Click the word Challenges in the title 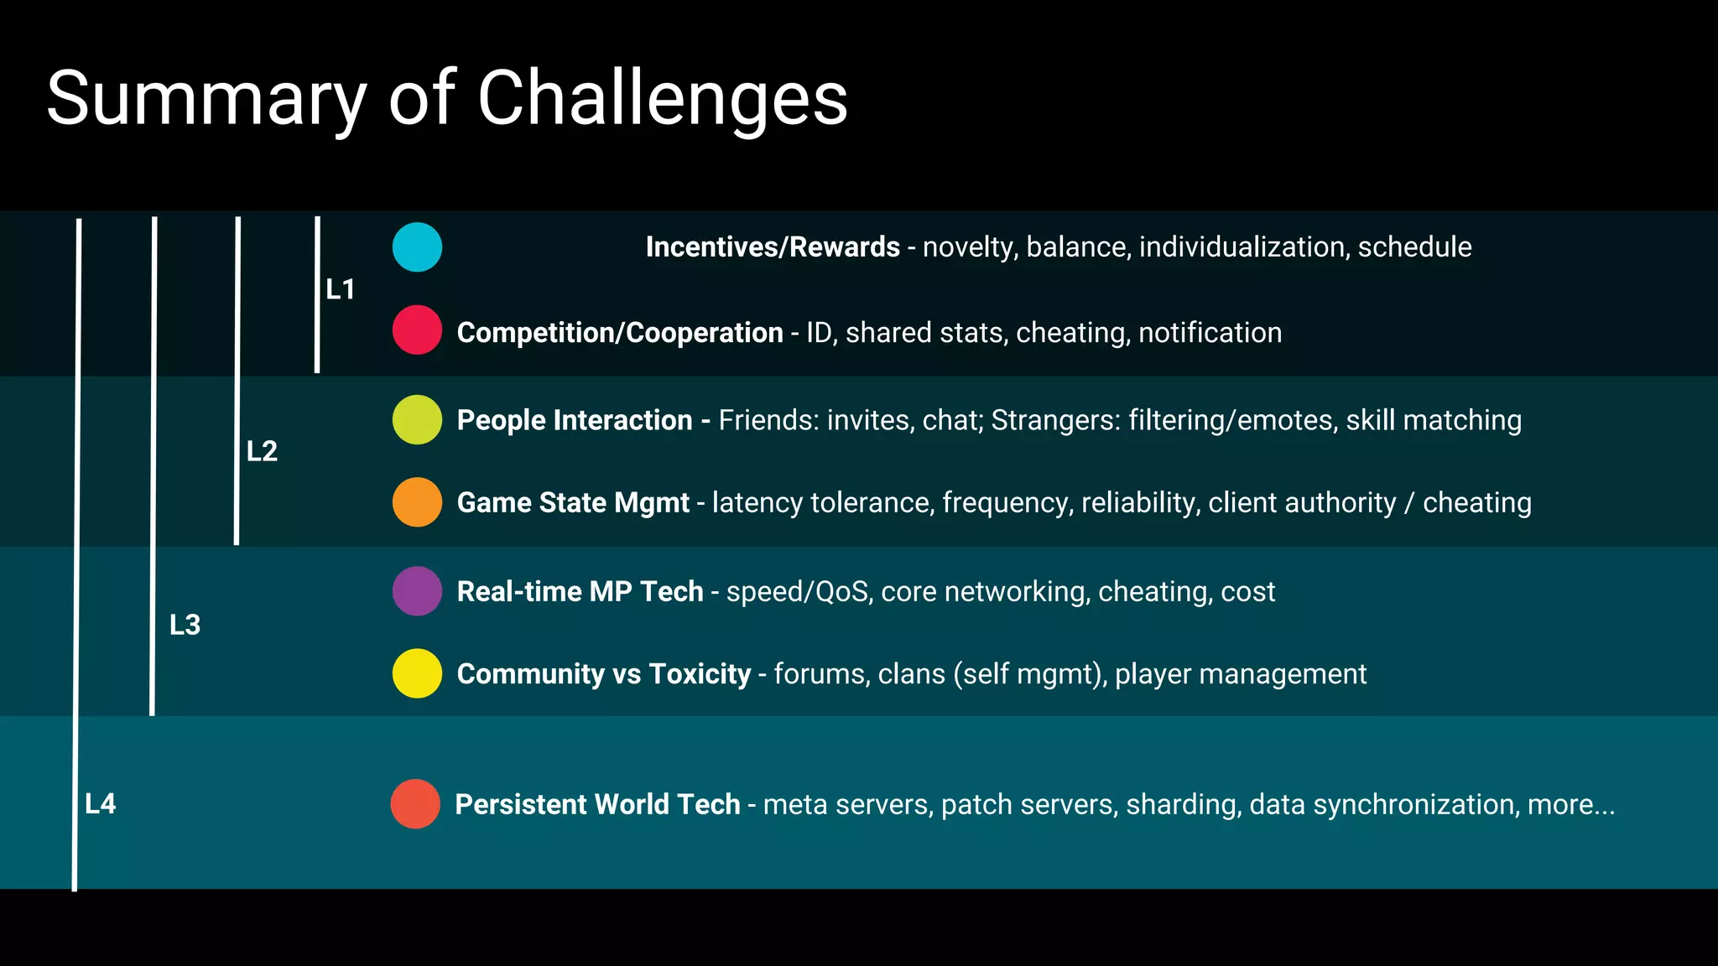pyautogui.click(x=662, y=99)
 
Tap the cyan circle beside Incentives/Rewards pyautogui.click(x=417, y=247)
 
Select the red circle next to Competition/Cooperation pyautogui.click(x=417, y=330)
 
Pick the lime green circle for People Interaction pyautogui.click(x=417, y=419)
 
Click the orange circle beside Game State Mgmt pyautogui.click(x=417, y=502)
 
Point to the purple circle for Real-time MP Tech pyautogui.click(x=417, y=591)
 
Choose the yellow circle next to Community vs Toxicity pyautogui.click(x=417, y=673)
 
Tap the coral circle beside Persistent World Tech pyautogui.click(x=415, y=804)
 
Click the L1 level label pyautogui.click(x=341, y=290)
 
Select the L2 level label pyautogui.click(x=262, y=451)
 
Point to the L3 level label pyautogui.click(x=185, y=625)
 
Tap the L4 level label pyautogui.click(x=101, y=804)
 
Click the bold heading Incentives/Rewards pyautogui.click(x=773, y=247)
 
